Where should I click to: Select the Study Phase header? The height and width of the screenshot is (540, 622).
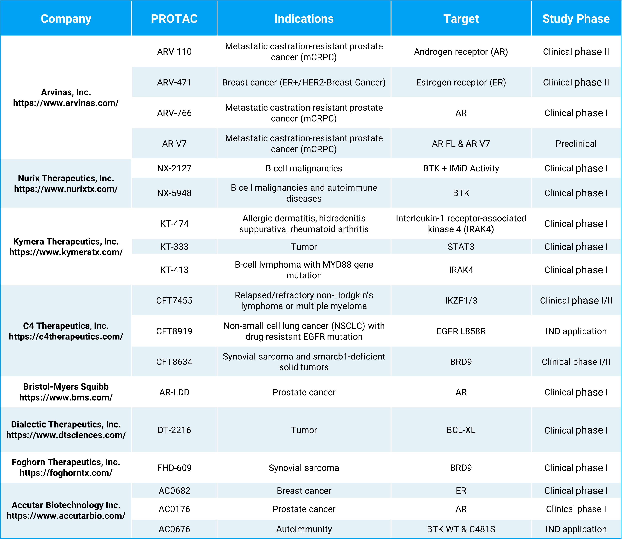coord(576,19)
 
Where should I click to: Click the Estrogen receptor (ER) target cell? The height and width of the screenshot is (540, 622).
coord(461,82)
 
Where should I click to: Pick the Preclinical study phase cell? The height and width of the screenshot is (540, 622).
coord(576,144)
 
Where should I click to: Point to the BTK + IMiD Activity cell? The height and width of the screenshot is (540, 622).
coord(461,168)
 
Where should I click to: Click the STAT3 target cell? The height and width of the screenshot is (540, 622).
coord(461,247)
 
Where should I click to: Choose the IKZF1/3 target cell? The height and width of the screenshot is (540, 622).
coord(461,300)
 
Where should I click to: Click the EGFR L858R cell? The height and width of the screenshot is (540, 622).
coord(461,331)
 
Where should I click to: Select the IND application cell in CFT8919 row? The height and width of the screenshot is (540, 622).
coord(576,331)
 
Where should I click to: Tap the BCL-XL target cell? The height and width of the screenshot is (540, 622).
coord(461,430)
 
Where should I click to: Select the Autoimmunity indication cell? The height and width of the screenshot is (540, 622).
coord(304,529)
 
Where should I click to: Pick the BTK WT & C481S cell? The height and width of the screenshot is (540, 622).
coord(461,529)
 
